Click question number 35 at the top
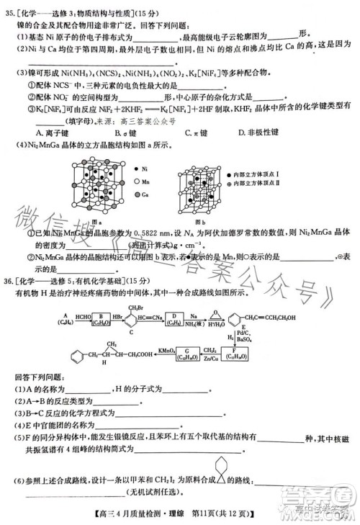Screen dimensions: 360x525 tap(11, 8)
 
